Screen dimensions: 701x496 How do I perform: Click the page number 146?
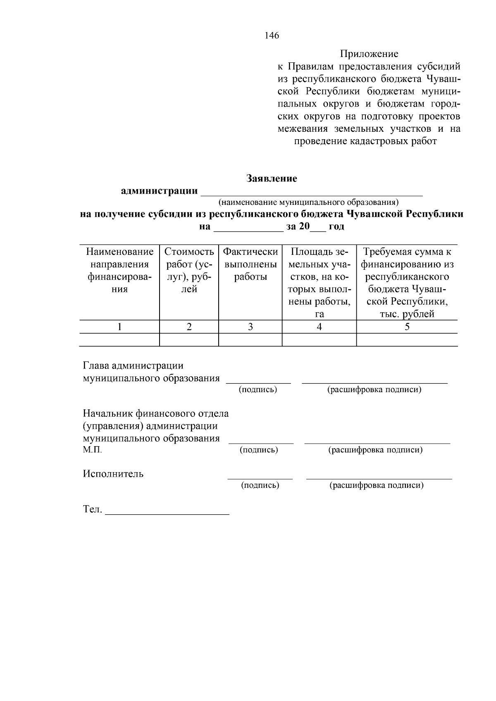point(272,36)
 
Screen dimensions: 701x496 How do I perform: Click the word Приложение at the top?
point(369,54)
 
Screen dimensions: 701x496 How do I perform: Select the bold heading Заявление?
point(272,179)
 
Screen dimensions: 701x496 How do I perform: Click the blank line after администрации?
point(311,192)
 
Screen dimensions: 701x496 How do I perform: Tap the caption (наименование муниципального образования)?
point(308,203)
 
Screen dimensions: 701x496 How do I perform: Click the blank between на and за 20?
point(248,227)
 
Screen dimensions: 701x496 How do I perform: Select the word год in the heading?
point(336,226)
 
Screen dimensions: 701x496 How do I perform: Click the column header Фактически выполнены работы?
point(250,264)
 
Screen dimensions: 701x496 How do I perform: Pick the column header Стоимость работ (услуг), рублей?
point(189,270)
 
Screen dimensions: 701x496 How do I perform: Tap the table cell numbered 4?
point(319,327)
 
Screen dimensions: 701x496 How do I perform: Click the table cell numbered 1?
point(119,327)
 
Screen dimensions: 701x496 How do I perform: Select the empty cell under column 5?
point(407,340)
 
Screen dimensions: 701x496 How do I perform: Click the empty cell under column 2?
point(189,340)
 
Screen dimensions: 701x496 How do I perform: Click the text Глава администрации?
point(133,366)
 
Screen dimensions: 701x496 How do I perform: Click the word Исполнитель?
point(113,474)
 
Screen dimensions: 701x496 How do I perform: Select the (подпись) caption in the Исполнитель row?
point(260,485)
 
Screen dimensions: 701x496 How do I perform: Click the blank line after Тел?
point(167,511)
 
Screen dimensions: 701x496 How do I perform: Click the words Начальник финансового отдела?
point(156,413)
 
